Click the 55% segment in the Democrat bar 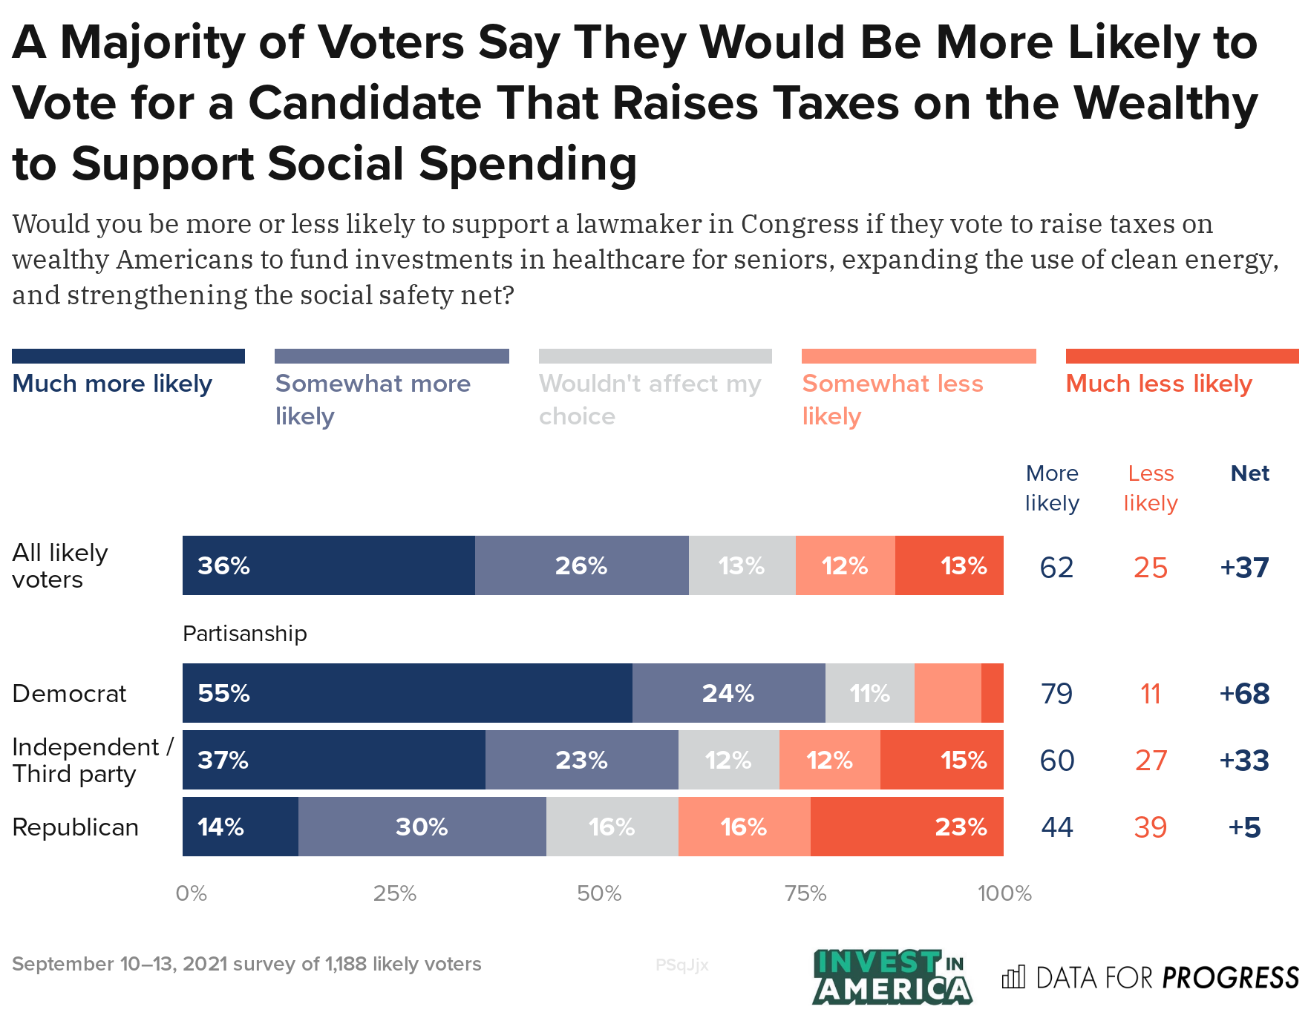tap(407, 693)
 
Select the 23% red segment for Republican tap(906, 827)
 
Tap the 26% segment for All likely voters tap(581, 565)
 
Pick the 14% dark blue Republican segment tap(240, 827)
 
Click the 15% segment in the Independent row tap(941, 760)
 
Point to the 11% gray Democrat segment tap(869, 693)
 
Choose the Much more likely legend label tap(112, 384)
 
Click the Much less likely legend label tap(1158, 384)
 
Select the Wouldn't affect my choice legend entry tap(650, 399)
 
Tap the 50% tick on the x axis tap(599, 893)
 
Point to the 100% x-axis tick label tap(1004, 893)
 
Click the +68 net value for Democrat tap(1244, 694)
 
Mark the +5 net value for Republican tap(1244, 827)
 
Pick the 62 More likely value tap(1056, 568)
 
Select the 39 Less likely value tap(1150, 827)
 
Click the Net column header tap(1249, 473)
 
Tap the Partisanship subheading tap(244, 634)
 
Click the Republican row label tap(75, 827)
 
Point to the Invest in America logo tap(892, 977)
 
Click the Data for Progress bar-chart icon tap(1013, 977)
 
